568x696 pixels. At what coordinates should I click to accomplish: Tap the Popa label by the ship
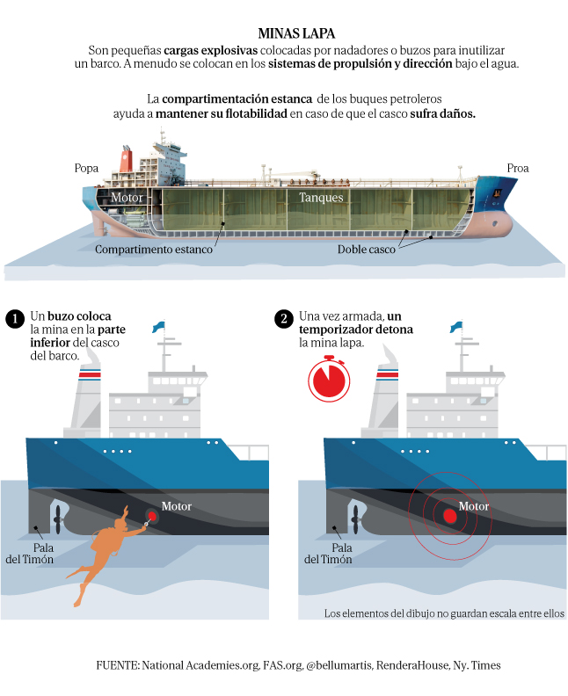pos(87,168)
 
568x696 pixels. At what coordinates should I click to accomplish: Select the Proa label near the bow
pos(518,168)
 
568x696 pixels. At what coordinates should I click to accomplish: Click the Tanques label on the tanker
pos(320,198)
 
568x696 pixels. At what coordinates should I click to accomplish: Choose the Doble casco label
pos(367,249)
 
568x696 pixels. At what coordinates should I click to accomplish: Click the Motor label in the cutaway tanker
pos(127,198)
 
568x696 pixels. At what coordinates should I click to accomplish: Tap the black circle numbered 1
pos(14,319)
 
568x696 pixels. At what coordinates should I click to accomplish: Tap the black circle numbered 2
pos(283,319)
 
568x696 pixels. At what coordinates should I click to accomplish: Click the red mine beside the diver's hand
pos(152,517)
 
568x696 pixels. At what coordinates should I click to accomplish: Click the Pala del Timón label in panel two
pos(328,553)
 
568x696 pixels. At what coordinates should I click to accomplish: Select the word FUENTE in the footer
pos(117,665)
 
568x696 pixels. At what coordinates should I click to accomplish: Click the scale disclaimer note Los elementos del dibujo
pos(443,613)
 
